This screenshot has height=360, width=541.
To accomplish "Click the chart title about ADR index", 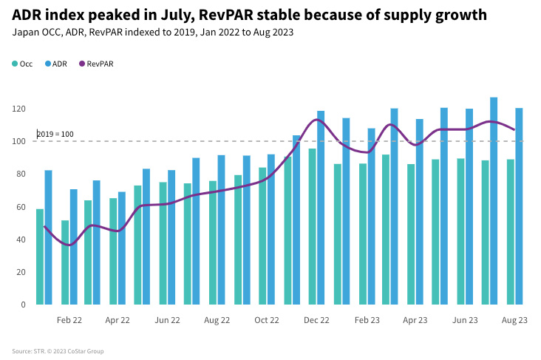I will (x=249, y=15).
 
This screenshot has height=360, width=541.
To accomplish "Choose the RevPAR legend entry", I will (x=95, y=64).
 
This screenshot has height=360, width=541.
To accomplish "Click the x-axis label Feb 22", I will (x=69, y=320).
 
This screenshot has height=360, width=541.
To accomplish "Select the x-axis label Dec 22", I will (x=316, y=320).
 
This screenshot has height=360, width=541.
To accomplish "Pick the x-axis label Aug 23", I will (x=514, y=320).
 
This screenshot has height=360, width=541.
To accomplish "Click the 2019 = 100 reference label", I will (x=55, y=134).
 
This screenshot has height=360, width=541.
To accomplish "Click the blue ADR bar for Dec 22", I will (x=321, y=208).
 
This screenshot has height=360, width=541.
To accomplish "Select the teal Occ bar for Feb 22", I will (x=65, y=262).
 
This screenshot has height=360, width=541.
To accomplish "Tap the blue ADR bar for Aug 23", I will (x=519, y=206).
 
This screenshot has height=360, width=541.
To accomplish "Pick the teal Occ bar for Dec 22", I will (x=313, y=226).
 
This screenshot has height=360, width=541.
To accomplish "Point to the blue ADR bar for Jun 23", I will (x=469, y=206).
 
